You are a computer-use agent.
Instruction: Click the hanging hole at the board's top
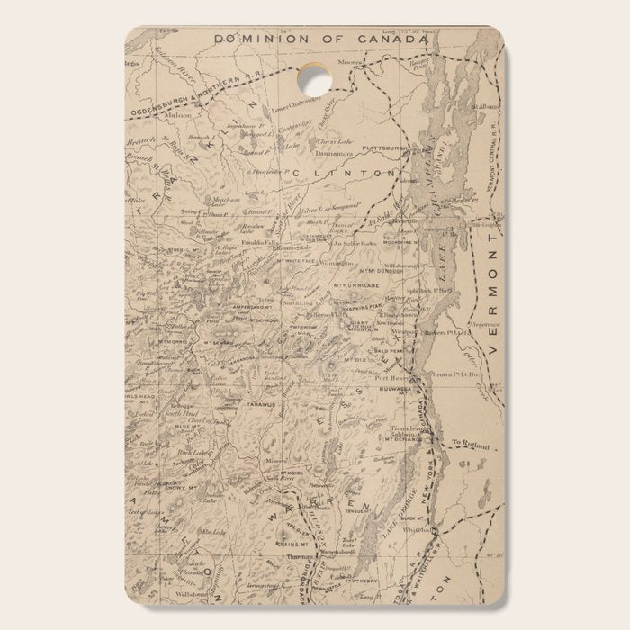314,79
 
